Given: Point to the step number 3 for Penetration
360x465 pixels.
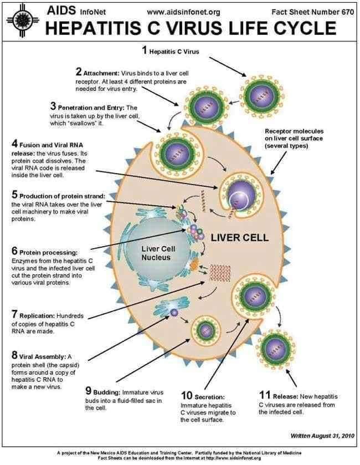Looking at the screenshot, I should coord(53,106).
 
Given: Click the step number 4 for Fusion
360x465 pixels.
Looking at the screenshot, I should coord(14,145).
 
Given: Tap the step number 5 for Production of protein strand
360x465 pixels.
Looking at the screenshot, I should coord(14,195).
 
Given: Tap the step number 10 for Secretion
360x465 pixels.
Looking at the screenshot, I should coord(186,396).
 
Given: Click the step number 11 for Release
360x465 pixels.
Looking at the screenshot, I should coord(264,395).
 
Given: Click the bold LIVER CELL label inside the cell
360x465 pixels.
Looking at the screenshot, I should coord(240,238).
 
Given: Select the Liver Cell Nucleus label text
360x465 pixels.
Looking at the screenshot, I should coord(158,253).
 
